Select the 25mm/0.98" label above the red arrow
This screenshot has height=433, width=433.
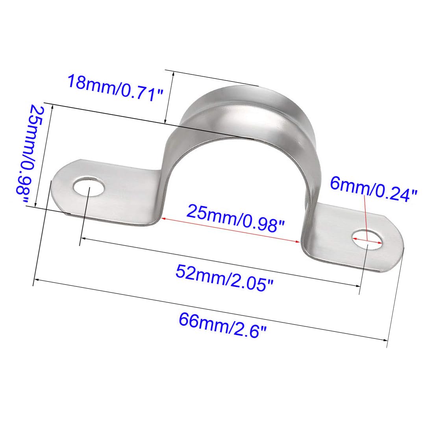click(235, 218)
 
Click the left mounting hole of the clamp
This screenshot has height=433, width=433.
click(89, 186)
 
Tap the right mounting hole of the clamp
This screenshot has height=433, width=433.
click(367, 239)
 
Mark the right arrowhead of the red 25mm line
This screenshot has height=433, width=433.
click(298, 241)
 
